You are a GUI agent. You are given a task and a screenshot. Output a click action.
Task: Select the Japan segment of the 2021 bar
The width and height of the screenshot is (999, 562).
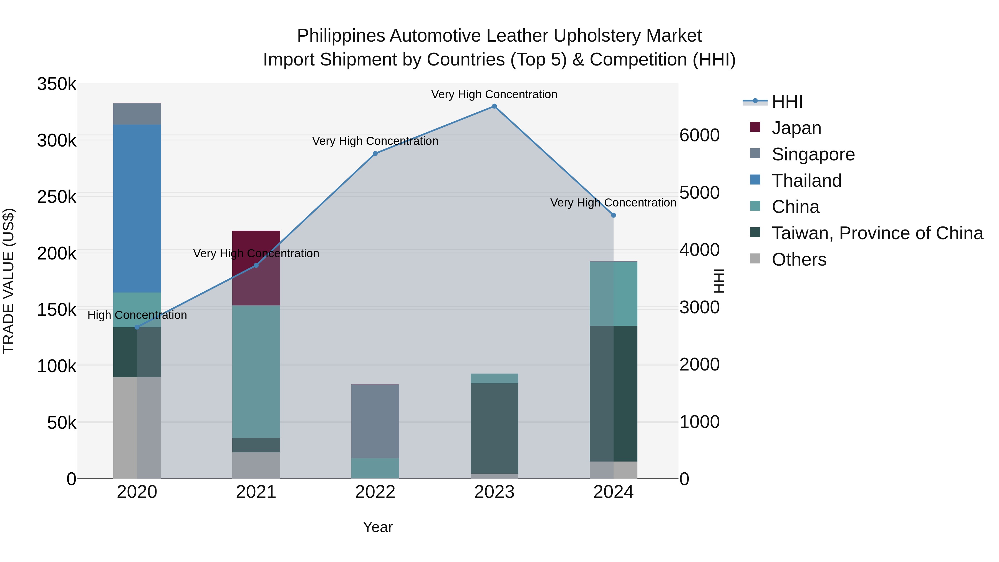click(x=256, y=268)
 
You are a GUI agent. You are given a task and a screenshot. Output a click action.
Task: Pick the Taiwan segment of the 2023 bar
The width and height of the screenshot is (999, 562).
click(x=494, y=428)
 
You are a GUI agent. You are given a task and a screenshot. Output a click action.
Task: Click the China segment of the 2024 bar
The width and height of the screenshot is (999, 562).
click(x=613, y=294)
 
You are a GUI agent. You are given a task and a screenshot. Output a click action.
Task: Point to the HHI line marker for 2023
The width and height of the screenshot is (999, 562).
click(x=494, y=106)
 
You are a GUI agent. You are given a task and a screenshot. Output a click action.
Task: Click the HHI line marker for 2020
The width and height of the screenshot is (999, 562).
click(x=137, y=327)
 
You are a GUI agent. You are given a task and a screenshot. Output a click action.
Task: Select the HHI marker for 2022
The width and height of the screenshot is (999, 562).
click(x=375, y=153)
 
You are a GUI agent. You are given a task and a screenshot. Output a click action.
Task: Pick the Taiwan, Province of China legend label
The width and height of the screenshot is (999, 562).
click(x=877, y=233)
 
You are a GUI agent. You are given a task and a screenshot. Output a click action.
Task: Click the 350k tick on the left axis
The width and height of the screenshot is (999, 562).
click(x=57, y=84)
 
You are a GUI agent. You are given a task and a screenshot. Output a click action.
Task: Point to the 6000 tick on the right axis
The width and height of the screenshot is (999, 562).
click(x=699, y=135)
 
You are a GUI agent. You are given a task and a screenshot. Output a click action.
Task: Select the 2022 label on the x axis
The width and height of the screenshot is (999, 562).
click(x=375, y=492)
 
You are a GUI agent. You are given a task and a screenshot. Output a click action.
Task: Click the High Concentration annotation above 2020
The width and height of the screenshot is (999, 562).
click(x=137, y=315)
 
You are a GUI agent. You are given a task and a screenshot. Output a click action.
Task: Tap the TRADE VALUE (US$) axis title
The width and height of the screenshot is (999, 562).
click(x=9, y=281)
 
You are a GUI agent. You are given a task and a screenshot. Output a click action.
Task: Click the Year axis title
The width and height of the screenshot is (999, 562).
click(x=378, y=527)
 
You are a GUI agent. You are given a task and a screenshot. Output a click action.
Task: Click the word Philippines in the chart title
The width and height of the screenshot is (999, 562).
click(x=340, y=36)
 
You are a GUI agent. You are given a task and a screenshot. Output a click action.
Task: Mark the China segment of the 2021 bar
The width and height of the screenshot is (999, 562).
click(x=256, y=372)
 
